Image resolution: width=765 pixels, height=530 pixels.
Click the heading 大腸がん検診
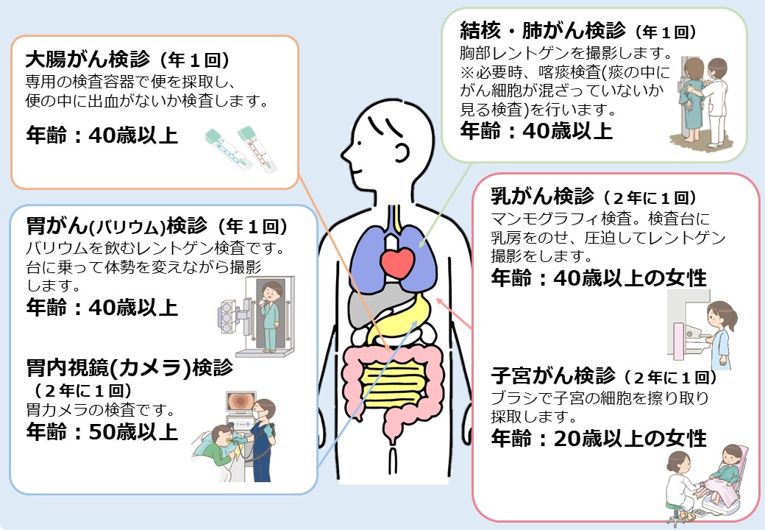tap(88, 60)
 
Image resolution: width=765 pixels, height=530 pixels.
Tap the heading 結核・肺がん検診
tap(543, 30)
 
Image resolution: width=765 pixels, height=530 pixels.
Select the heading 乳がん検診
tap(542, 196)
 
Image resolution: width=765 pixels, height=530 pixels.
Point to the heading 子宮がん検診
tap(552, 375)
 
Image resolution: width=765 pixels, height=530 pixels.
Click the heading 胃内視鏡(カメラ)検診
tap(129, 368)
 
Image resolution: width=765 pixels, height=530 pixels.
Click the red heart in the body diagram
tap(397, 264)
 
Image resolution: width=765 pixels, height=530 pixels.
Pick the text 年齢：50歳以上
tap(102, 432)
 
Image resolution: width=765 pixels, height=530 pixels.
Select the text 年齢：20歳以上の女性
tap(599, 438)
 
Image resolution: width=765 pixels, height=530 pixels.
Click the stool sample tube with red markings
tap(257, 149)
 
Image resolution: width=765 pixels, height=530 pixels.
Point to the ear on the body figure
tap(401, 152)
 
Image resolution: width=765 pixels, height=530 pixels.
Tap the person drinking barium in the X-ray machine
tap(269, 316)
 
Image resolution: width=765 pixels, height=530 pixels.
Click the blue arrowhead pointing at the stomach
tap(414, 324)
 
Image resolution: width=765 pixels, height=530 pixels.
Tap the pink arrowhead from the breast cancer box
tap(439, 301)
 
